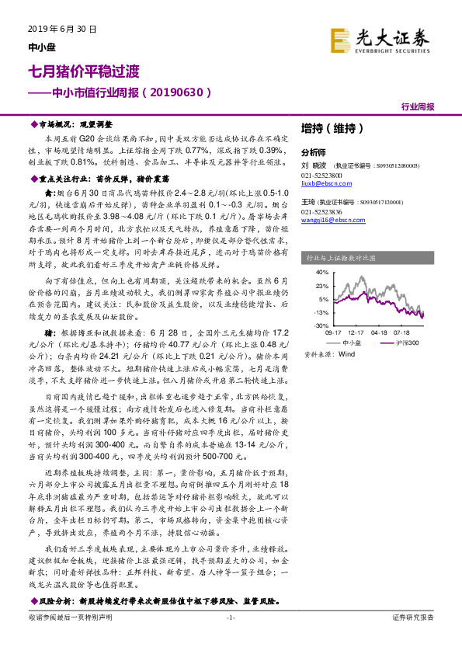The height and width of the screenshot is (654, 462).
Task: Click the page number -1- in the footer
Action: click(x=230, y=617)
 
